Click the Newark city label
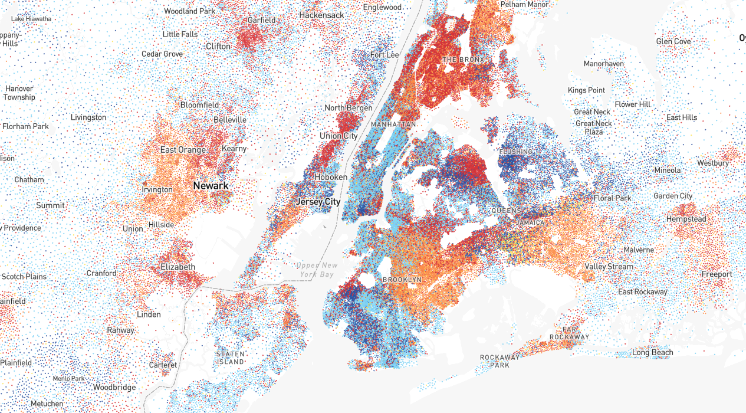[211, 186]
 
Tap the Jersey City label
[318, 202]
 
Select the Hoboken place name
[331, 177]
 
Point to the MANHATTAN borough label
[393, 125]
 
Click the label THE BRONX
[463, 60]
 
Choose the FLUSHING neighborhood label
[515, 152]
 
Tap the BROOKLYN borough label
[402, 280]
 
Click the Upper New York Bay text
[316, 270]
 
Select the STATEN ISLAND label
[230, 358]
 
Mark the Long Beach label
[652, 353]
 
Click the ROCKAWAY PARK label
[499, 361]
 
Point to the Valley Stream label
[609, 267]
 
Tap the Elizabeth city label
[178, 267]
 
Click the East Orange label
[183, 150]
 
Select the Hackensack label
[321, 15]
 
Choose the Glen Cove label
[673, 42]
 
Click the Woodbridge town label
[114, 388]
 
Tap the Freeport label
[717, 274]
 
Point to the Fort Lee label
[384, 55]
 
